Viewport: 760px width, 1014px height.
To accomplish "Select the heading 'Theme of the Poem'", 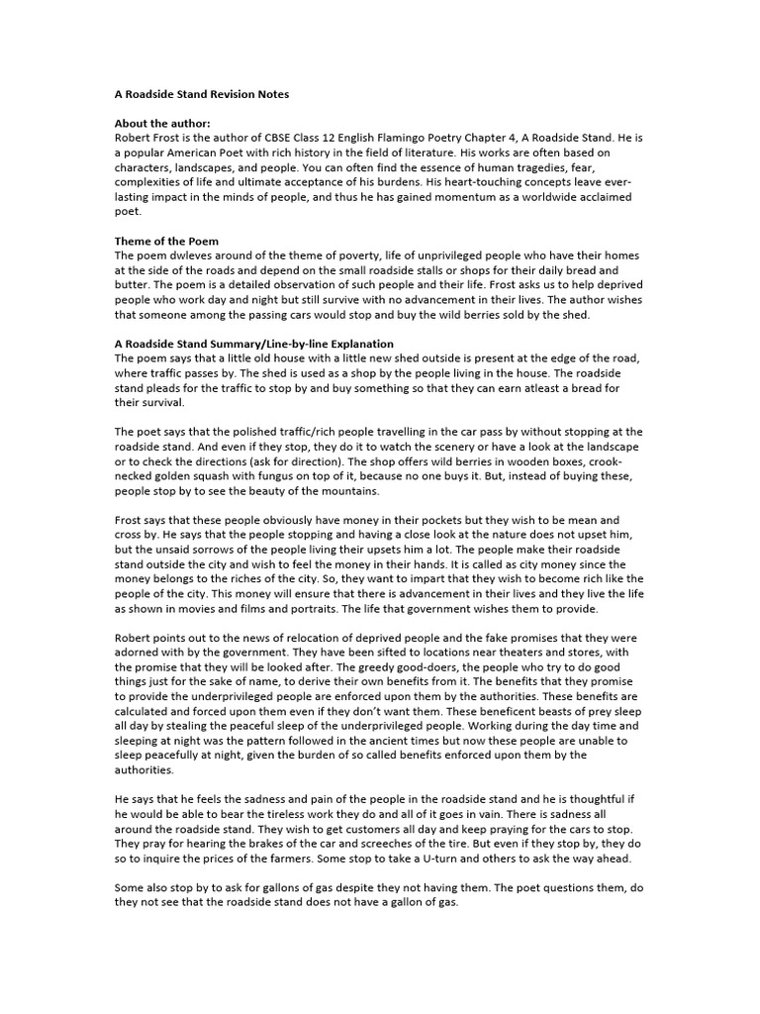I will [166, 242].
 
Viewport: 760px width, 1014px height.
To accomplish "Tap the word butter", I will [135, 285].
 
